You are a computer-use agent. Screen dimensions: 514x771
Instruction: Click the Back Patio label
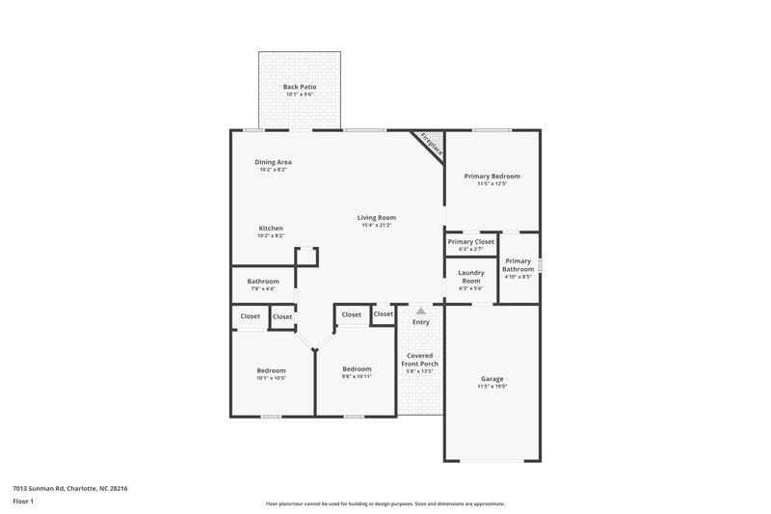coord(300,87)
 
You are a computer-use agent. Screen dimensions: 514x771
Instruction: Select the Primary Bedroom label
coord(492,176)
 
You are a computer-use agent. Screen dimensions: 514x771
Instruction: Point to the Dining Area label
coord(274,162)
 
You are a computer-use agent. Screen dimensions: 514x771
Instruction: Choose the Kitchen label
coord(270,229)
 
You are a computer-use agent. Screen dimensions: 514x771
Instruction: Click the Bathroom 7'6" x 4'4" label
coord(263,282)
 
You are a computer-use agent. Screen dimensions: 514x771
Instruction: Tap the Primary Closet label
coord(470,241)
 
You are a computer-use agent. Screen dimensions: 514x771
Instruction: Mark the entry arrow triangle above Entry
coord(420,311)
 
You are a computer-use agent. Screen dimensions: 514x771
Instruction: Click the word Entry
coord(420,322)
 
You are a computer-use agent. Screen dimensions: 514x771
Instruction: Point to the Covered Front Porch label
coord(420,359)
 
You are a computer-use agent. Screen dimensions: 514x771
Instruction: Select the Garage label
coord(492,379)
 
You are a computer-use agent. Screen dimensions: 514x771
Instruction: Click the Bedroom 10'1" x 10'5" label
coord(271,370)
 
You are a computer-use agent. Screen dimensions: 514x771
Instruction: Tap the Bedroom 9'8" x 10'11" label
coord(357,369)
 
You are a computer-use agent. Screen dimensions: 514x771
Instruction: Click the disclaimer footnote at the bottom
coord(385,503)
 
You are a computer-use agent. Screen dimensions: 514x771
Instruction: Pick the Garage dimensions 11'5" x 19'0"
coord(492,387)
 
